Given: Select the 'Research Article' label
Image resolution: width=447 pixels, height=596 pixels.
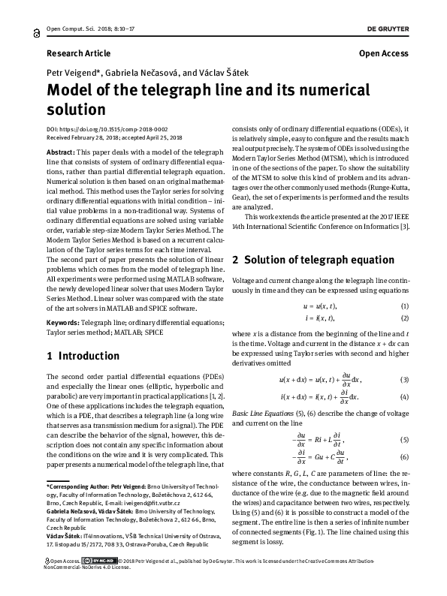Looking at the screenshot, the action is [78, 53].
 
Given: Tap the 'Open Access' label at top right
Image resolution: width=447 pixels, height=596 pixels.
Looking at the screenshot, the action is [383, 53].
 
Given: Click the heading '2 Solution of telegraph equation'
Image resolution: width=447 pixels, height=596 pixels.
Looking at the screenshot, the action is [313, 260].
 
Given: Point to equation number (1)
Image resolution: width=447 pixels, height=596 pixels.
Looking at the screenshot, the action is [404, 307].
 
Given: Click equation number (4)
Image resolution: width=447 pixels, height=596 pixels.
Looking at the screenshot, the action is [404, 396].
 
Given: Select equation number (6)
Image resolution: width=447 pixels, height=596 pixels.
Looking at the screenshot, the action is [404, 456].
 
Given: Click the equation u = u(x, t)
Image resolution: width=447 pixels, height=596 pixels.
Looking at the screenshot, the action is [320, 307].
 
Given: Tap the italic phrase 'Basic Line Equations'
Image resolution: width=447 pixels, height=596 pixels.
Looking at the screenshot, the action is [264, 414].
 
